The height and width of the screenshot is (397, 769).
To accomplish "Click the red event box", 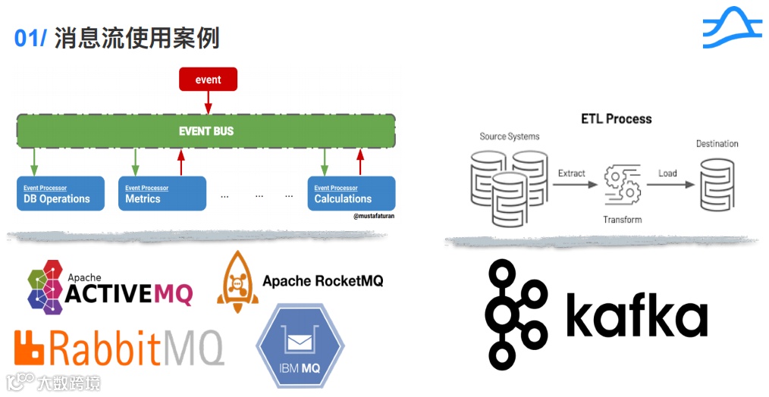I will [208, 80].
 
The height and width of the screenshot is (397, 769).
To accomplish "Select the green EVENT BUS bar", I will [206, 131].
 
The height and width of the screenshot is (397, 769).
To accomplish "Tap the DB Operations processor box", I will [61, 194].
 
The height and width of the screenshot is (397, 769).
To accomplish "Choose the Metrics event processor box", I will [162, 194].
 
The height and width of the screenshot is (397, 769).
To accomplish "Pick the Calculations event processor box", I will [351, 194].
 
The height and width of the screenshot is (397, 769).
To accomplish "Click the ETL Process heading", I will [616, 119].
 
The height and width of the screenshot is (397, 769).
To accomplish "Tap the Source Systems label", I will [510, 136].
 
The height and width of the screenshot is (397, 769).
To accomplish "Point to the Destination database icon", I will [717, 184].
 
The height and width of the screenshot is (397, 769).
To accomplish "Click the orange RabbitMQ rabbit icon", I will [31, 348].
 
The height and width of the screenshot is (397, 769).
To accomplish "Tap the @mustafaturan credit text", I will [374, 217].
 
